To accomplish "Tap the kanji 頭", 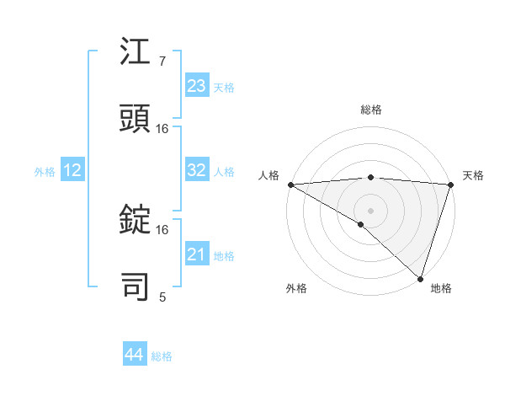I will tap(136, 119).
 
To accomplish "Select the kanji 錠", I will tap(136, 220).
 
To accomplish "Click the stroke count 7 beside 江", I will tap(162, 62).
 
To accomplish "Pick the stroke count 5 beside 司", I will tap(162, 297).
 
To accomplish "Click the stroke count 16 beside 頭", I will tap(162, 129).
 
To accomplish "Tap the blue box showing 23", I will tap(197, 86).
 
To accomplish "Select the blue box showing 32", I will tap(197, 170).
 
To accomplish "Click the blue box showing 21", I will tap(197, 254).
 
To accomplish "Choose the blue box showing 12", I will tap(72, 170).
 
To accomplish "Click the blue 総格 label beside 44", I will tap(162, 356).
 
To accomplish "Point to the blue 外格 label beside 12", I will tap(45, 172).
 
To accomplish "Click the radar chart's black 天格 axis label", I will tap(473, 175).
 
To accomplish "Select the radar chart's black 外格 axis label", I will tap(295, 288).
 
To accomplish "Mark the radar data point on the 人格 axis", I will tap(290, 185).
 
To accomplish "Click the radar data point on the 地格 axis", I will tap(420, 279).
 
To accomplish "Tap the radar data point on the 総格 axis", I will tap(370, 177).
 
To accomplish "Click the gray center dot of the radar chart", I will tap(370, 210).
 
